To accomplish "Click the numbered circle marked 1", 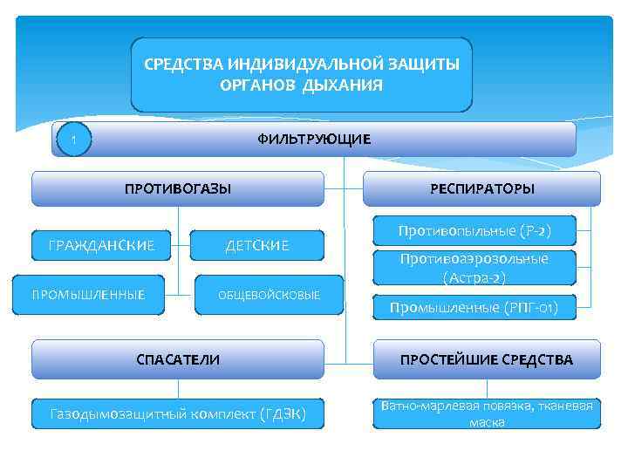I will pos(74,140).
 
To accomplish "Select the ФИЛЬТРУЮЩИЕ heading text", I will pos(313,140).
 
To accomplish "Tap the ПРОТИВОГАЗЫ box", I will pos(178,188).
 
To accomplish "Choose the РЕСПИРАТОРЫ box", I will pos(481,188).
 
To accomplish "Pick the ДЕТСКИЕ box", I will pos(257,246).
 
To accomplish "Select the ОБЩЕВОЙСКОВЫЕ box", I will pos(269,295).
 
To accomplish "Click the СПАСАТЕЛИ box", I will pos(178,358).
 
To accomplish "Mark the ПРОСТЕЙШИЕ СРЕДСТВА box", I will pos(487,358).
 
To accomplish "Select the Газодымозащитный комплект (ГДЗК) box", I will pos(178,413).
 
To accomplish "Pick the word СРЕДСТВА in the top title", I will pos(182,65).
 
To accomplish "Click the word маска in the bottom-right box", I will pos(486,422).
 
